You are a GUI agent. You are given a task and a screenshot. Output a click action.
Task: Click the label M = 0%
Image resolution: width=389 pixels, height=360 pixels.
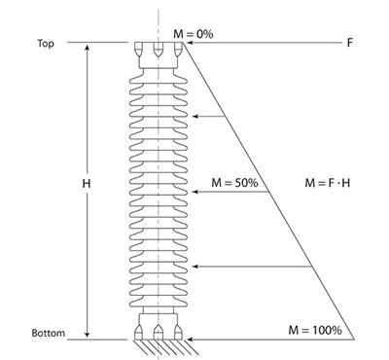[194, 34]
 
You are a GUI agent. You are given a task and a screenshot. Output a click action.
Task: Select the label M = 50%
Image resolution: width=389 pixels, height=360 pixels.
[234, 183]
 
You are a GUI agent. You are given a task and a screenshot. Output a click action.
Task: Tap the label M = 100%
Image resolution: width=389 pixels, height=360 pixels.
[315, 330]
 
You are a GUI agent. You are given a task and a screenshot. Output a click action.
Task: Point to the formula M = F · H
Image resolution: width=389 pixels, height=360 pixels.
[328, 183]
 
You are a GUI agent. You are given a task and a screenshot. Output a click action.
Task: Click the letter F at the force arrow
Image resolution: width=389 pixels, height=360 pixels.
[349, 43]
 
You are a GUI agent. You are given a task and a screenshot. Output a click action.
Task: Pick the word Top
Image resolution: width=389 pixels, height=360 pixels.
[46, 44]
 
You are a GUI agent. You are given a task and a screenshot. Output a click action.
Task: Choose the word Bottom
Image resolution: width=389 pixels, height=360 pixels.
[49, 333]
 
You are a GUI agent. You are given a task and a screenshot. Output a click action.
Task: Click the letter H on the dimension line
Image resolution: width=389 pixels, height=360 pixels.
[87, 184]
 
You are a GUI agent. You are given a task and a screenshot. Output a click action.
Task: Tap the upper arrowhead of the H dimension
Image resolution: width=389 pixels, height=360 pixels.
[87, 49]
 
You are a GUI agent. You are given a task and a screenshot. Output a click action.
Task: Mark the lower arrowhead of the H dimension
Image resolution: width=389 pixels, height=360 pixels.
[87, 334]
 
